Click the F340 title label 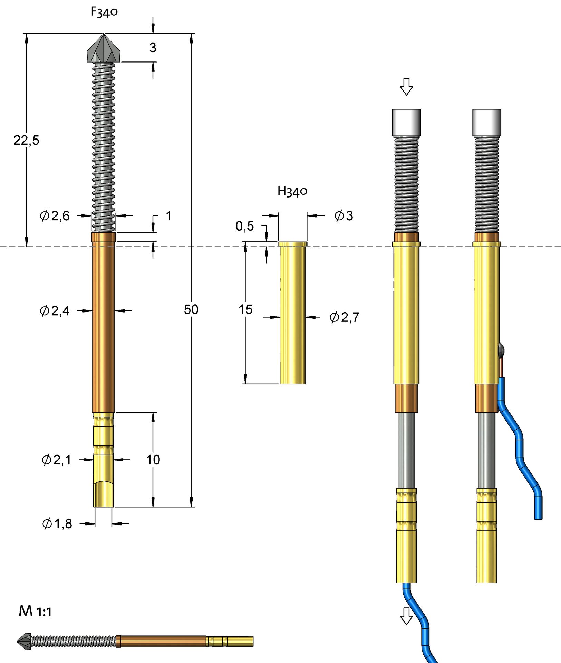[104, 12]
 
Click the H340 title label [292, 191]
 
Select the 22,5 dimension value [26, 140]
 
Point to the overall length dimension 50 [191, 309]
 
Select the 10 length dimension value [153, 460]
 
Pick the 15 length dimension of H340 [245, 309]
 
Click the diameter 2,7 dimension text [344, 317]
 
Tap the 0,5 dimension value [245, 226]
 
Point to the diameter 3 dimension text [344, 216]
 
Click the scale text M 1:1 [35, 611]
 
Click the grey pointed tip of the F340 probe [104, 49]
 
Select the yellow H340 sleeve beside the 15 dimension [293, 313]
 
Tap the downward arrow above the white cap [406, 86]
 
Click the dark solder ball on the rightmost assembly [501, 350]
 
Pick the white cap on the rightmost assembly [487, 123]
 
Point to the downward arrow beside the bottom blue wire [406, 616]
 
